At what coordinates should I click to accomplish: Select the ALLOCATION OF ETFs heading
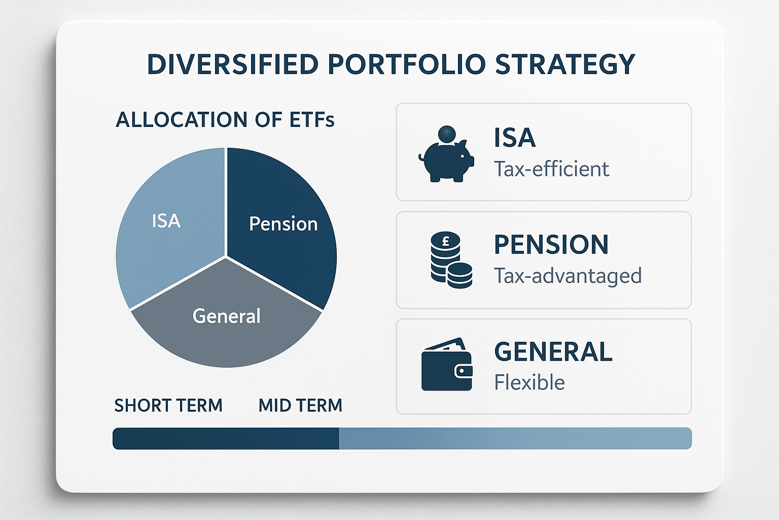coord(225,119)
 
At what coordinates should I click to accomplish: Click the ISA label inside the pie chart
coord(166,221)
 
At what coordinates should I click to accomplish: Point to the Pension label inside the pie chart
coord(284,223)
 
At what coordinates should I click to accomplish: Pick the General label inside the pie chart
coord(226,316)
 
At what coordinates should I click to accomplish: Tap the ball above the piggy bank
coord(447,135)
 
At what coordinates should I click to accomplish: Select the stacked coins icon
coord(451,260)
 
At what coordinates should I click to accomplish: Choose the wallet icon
coord(447,364)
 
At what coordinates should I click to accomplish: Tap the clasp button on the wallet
coord(462,371)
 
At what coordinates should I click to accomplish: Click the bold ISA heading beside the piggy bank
coord(515,138)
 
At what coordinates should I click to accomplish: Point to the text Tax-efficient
coord(552,169)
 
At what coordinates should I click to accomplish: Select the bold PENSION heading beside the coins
coord(551,244)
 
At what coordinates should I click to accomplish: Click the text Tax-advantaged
coord(568,276)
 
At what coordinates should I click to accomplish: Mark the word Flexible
coord(529,382)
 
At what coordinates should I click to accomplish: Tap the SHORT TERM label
coord(168,405)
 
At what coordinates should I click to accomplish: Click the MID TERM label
coord(300,405)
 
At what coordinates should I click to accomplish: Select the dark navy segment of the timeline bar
coord(226,439)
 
